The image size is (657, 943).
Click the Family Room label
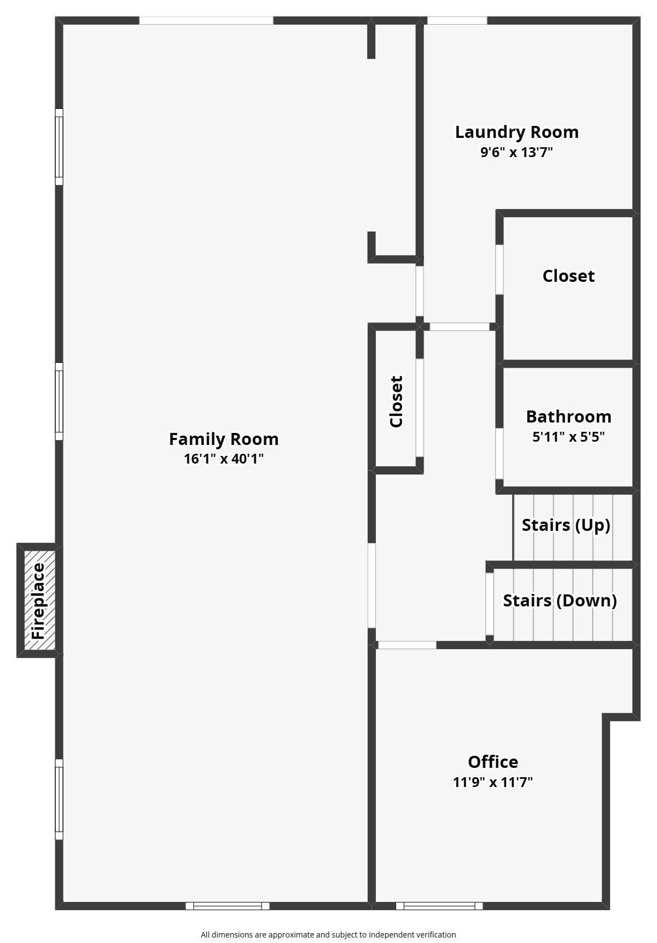click(x=224, y=439)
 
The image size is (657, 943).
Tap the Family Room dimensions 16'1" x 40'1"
click(x=224, y=459)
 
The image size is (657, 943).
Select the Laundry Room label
click(x=517, y=132)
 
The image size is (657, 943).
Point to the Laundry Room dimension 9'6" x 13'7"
click(x=517, y=152)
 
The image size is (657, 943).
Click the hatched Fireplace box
click(x=40, y=600)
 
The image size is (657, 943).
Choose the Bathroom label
click(x=569, y=416)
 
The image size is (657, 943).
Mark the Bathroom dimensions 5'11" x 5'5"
click(x=569, y=437)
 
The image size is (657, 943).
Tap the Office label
click(x=493, y=762)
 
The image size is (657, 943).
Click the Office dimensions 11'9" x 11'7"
click(x=493, y=782)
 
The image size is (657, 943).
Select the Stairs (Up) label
click(x=566, y=525)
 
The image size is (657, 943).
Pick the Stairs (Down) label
click(x=560, y=600)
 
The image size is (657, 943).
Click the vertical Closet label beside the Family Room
click(x=396, y=401)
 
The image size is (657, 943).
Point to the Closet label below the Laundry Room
click(x=568, y=276)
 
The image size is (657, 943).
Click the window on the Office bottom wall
click(x=439, y=906)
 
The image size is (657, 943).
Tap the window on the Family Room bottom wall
click(x=228, y=906)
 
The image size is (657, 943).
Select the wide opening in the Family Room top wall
click(x=206, y=21)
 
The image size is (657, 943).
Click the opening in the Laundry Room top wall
click(x=457, y=21)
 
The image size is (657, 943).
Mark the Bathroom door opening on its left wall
click(x=499, y=454)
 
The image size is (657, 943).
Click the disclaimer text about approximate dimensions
click(x=328, y=935)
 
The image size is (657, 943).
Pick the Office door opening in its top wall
click(x=408, y=645)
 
